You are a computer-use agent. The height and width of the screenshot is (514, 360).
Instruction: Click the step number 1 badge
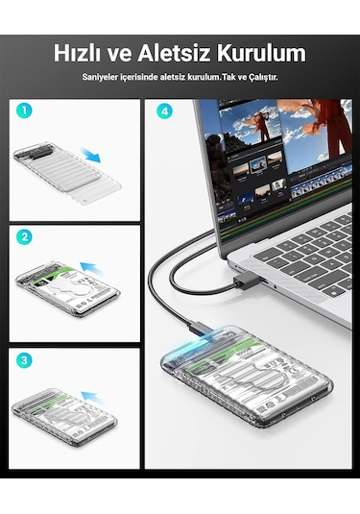[25, 110]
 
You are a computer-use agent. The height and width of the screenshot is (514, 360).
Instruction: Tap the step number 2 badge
[25, 236]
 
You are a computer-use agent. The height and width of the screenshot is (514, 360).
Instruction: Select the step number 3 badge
[25, 362]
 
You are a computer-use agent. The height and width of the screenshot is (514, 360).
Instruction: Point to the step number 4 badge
[163, 110]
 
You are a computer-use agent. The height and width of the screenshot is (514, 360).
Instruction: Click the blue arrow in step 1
[92, 156]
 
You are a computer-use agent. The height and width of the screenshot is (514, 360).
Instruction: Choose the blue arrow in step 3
[92, 395]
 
